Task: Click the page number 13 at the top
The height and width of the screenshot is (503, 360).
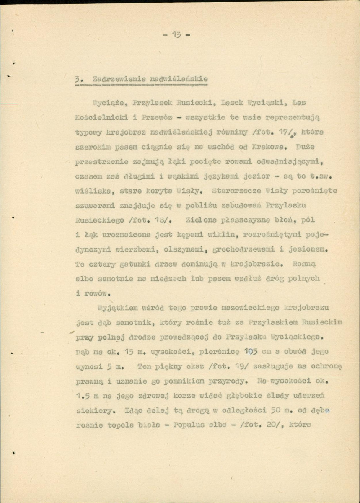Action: pyautogui.click(x=176, y=35)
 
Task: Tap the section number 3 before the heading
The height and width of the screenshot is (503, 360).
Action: pyautogui.click(x=77, y=78)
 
